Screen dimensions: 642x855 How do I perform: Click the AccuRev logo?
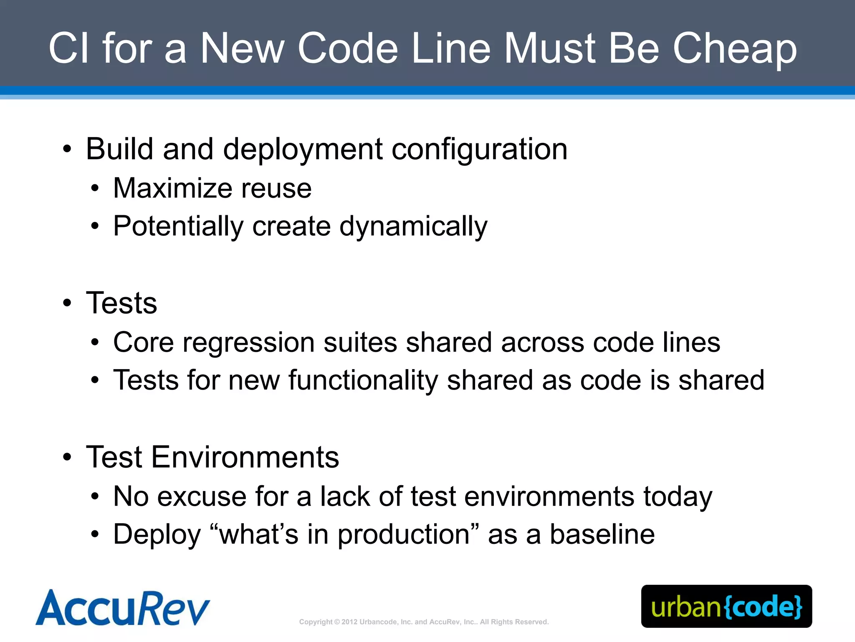pos(122,608)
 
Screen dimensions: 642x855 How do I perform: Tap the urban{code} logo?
pos(726,606)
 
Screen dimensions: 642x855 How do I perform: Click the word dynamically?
pos(413,227)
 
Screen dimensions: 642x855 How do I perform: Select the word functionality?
pos(363,380)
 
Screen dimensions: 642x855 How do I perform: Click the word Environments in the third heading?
pos(245,457)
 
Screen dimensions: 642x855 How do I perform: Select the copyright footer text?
pos(424,622)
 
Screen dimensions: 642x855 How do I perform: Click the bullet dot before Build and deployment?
pos(67,149)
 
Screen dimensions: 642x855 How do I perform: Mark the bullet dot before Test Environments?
pos(67,457)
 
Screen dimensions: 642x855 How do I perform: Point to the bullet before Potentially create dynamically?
pos(95,227)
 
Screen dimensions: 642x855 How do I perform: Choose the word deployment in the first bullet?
pos(303,150)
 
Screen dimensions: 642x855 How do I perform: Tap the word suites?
pos(360,342)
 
